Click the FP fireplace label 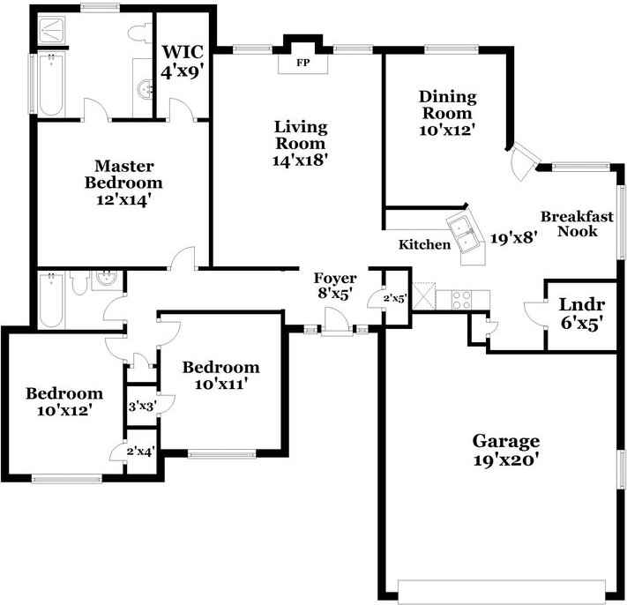(x=302, y=63)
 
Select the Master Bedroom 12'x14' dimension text (x=124, y=200)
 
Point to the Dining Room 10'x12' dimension (x=447, y=129)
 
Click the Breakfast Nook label (x=569, y=224)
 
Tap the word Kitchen (x=424, y=244)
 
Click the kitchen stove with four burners (x=460, y=298)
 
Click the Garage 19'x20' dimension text (x=505, y=459)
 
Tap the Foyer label (x=335, y=279)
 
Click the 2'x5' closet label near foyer (x=394, y=298)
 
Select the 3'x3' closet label (x=142, y=407)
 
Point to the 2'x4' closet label (x=141, y=452)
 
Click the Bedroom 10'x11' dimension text (x=220, y=384)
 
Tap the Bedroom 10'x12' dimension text (x=63, y=410)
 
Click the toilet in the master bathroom (x=139, y=33)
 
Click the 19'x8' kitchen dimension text (x=514, y=237)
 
